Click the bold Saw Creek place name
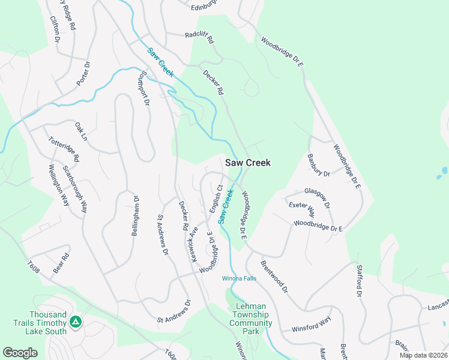[248, 163]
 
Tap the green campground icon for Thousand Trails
[76, 323]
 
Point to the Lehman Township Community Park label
[252, 319]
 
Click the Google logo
[20, 353]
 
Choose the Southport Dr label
[144, 88]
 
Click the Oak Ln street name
[80, 131]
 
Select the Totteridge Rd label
[64, 149]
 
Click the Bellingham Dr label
[136, 215]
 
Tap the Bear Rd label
[62, 263]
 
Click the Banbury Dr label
[319, 166]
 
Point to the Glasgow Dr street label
[318, 197]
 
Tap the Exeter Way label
[302, 209]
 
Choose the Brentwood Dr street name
[275, 276]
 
